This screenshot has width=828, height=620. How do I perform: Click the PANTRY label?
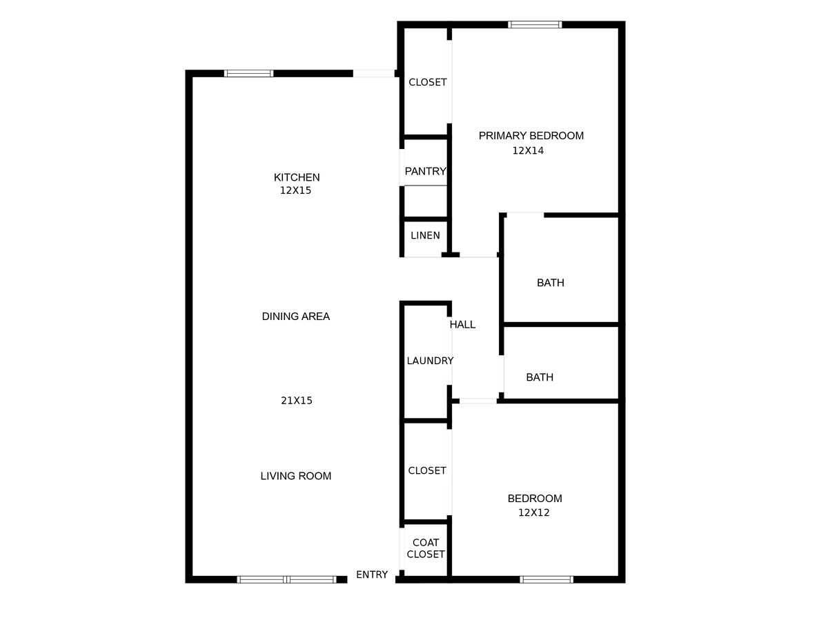tap(425, 172)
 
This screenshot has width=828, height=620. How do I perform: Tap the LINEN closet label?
tap(425, 236)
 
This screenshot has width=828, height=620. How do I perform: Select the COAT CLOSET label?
tap(426, 548)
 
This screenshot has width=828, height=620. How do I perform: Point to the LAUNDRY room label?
tap(430, 361)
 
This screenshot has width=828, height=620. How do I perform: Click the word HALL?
tap(462, 325)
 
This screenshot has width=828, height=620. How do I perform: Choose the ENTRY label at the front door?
tap(372, 574)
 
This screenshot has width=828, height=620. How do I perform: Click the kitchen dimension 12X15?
tap(295, 190)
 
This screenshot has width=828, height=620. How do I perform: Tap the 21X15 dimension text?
tap(297, 400)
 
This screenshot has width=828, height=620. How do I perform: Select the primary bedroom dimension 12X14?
tap(528, 151)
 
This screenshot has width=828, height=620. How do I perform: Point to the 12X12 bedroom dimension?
tap(534, 512)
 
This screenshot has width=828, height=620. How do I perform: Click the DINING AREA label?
tap(296, 317)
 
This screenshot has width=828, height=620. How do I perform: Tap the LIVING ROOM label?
tap(296, 476)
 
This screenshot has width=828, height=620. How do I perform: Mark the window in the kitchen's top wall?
tap(248, 74)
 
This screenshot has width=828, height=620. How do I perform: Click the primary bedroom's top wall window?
tap(535, 25)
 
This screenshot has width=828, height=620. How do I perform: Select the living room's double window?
tap(286, 580)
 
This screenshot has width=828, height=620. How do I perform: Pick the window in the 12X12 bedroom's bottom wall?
tap(546, 580)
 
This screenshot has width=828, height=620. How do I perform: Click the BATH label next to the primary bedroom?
tap(551, 283)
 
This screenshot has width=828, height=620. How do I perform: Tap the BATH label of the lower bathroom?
tap(540, 377)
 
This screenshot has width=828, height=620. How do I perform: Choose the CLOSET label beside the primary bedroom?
tap(427, 82)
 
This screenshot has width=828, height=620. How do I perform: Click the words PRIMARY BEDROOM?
tap(531, 136)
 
